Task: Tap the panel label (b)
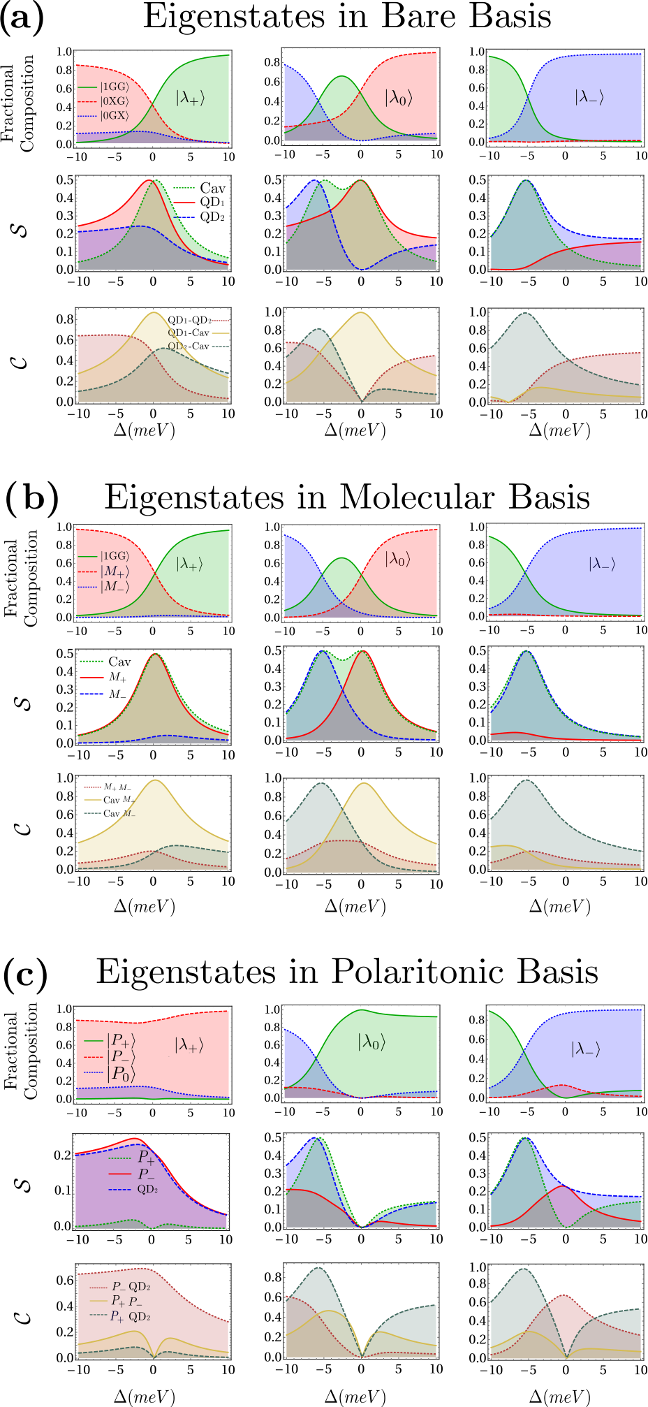pos(31,497)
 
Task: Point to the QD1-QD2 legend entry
pos(198,320)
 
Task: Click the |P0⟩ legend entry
pos(109,1072)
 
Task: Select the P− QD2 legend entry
pos(119,1286)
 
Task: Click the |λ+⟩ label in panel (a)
pos(190,98)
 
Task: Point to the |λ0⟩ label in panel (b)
pos(397,560)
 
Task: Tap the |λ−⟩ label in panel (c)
pos(586,1049)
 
